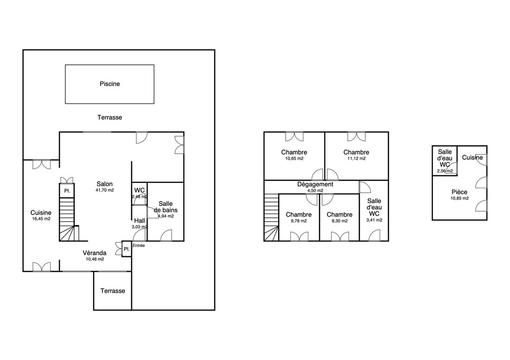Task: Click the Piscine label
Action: pyautogui.click(x=109, y=84)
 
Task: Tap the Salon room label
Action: pyautogui.click(x=104, y=184)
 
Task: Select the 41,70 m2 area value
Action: pyautogui.click(x=104, y=190)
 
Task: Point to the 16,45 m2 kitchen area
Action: pyautogui.click(x=41, y=219)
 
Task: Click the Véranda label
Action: pyautogui.click(x=94, y=253)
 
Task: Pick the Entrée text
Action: pyautogui.click(x=139, y=246)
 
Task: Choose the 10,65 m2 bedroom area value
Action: pyautogui.click(x=294, y=158)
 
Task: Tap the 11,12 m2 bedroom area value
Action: pyautogui.click(x=357, y=158)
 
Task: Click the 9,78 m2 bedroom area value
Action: pyautogui.click(x=299, y=221)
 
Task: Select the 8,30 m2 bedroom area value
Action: pyautogui.click(x=339, y=221)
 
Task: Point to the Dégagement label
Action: pyautogui.click(x=315, y=184)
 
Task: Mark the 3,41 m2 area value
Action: pyautogui.click(x=374, y=220)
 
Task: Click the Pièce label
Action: pyautogui.click(x=459, y=192)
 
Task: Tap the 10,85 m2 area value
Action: pyautogui.click(x=459, y=198)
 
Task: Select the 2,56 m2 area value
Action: pyautogui.click(x=445, y=171)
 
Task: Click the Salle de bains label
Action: pyautogui.click(x=166, y=207)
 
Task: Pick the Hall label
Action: pyautogui.click(x=140, y=221)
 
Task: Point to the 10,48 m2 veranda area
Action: pyautogui.click(x=95, y=259)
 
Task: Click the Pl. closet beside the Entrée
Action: pyautogui.click(x=127, y=249)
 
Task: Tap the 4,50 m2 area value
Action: pyautogui.click(x=315, y=191)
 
